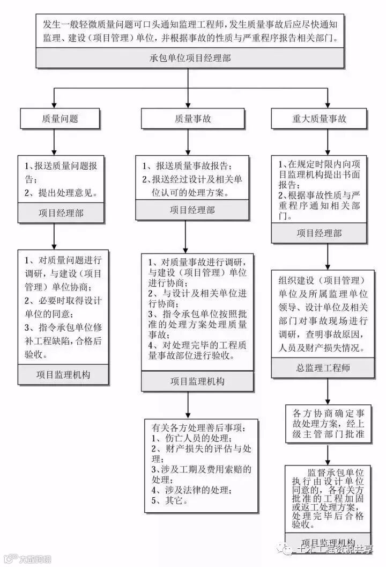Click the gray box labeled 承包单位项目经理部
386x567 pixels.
[190, 58]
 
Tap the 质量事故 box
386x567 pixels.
[189, 119]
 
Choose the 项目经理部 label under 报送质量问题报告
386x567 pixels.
[61, 213]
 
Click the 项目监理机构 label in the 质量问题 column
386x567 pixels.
[63, 374]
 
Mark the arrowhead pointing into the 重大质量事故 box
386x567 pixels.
[326, 105]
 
